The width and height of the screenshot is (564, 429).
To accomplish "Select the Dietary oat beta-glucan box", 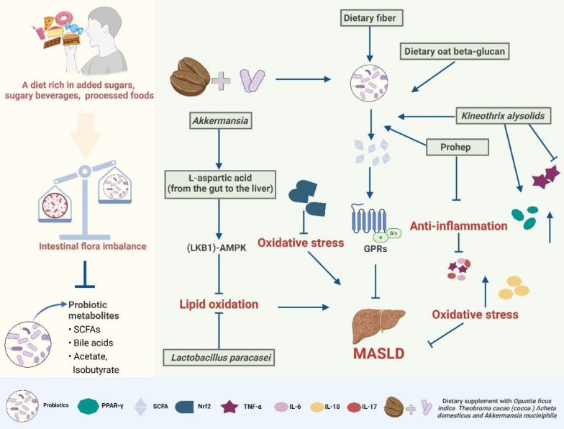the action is pos(455,52).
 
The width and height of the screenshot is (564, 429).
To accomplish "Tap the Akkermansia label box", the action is pos(220,120).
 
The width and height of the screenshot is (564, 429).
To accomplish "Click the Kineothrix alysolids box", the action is pos(504,116).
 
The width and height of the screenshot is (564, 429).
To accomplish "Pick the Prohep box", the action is pos(458,147).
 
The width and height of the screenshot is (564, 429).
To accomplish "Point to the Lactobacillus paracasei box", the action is pos(219,357).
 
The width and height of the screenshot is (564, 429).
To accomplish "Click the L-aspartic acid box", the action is pos(220,184).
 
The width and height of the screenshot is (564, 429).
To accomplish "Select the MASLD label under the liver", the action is pos(378,353).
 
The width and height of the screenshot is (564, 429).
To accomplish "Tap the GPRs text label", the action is pos(376,248).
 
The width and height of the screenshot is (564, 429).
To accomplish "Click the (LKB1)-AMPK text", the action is pos(217,248).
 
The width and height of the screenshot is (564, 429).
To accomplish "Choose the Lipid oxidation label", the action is pos(219,304).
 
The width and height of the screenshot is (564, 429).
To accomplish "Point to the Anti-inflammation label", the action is pos(459,226).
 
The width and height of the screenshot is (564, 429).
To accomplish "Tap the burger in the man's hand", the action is pos(70,39).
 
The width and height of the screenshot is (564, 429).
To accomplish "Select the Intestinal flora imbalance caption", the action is pos(92,246).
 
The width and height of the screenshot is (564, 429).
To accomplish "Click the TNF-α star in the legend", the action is pos(229,407).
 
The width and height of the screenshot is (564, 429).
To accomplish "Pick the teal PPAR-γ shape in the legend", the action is pos(88,406).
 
